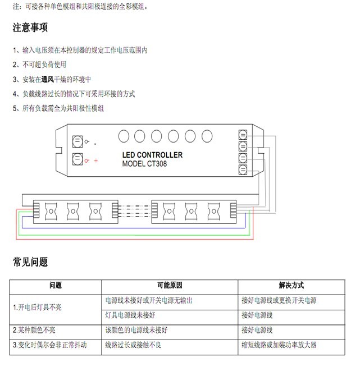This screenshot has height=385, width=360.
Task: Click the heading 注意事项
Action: (30, 27)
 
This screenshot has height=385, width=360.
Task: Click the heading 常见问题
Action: (30, 262)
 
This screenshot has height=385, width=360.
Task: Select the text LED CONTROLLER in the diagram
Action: (152, 155)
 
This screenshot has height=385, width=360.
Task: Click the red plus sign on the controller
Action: (96, 161)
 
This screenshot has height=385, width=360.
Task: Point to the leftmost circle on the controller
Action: (123, 136)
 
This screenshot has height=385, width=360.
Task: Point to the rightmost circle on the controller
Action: (207, 136)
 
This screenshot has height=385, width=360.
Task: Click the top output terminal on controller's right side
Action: (243, 135)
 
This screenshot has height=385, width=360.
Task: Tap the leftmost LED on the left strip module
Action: (50, 210)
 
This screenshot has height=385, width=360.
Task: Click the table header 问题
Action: (56, 286)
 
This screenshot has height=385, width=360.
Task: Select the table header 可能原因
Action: (169, 286)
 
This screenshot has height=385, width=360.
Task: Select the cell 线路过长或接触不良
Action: (133, 345)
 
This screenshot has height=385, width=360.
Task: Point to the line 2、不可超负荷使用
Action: (39, 65)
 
